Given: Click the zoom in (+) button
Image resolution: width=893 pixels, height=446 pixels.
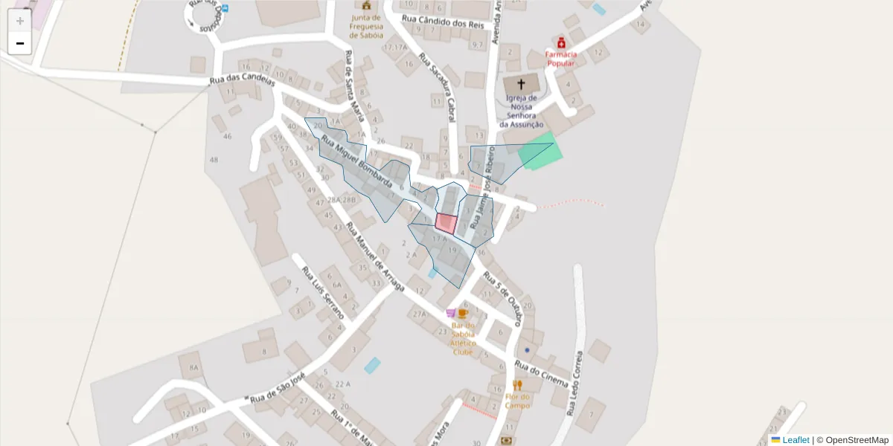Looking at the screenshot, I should (x=20, y=21).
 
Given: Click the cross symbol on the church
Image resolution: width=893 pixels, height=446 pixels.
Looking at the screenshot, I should (x=521, y=85).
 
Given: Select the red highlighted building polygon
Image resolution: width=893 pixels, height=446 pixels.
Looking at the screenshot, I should (x=446, y=224).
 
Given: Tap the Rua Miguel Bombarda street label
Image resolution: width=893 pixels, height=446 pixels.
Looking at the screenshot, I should (x=356, y=163).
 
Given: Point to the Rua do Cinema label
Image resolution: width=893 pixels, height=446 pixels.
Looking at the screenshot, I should (x=542, y=375).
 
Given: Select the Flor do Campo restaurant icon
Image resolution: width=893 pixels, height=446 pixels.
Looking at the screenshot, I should (x=517, y=385).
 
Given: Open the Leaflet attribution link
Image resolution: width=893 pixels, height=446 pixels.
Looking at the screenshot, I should (x=796, y=440).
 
